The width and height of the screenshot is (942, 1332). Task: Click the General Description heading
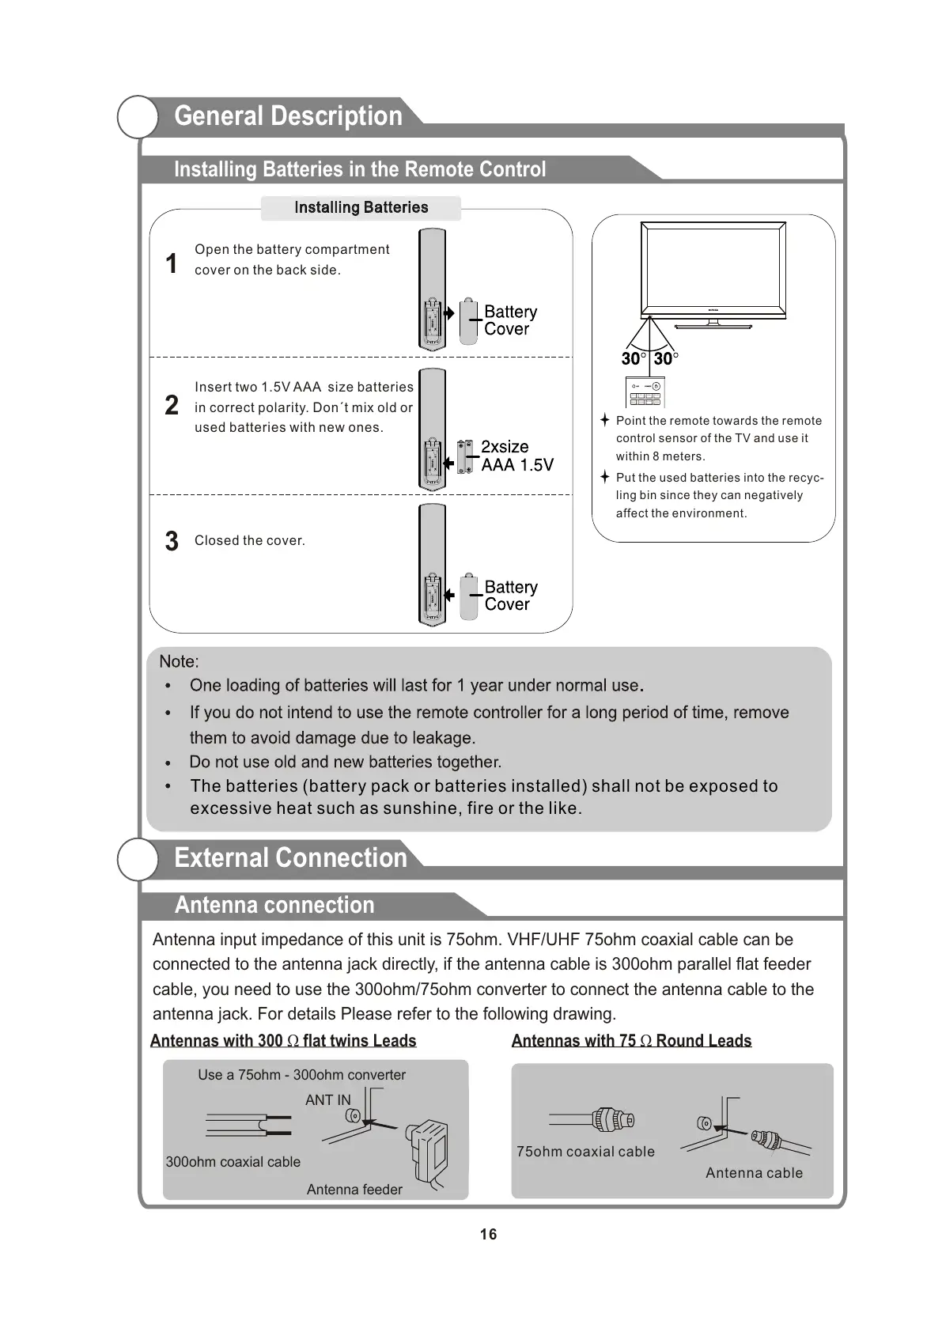(x=288, y=116)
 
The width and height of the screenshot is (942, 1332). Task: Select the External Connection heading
(x=290, y=858)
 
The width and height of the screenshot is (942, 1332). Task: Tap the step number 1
(x=171, y=263)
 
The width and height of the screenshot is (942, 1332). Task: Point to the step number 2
(x=172, y=406)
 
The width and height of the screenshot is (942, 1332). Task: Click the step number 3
(x=172, y=541)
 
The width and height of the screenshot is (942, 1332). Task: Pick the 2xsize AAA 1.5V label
(x=516, y=456)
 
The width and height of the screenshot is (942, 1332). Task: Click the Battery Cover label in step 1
(x=510, y=320)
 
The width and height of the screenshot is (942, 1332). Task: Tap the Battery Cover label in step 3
(x=510, y=596)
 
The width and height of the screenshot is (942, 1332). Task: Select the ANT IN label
(x=327, y=1100)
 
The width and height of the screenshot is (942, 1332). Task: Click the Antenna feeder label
(x=354, y=1190)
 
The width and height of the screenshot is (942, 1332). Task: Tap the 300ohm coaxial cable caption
(x=233, y=1162)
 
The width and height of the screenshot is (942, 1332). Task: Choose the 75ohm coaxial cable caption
(x=585, y=1152)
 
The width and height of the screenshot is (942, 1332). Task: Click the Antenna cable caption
(x=754, y=1173)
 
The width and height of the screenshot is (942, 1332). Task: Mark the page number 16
(x=488, y=1235)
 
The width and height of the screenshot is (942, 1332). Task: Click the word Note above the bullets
(x=179, y=661)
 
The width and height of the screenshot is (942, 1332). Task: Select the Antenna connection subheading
(x=274, y=905)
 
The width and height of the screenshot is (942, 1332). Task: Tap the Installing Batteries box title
(x=361, y=207)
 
